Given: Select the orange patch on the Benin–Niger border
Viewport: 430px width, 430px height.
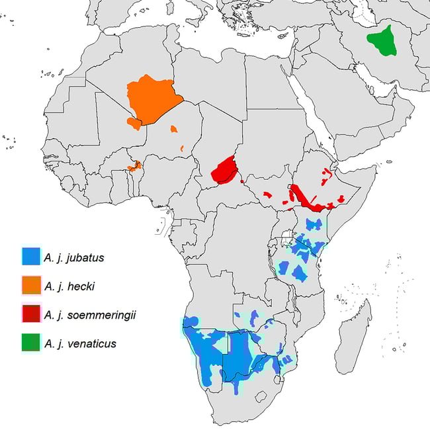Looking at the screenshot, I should pyautogui.click(x=134, y=166).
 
